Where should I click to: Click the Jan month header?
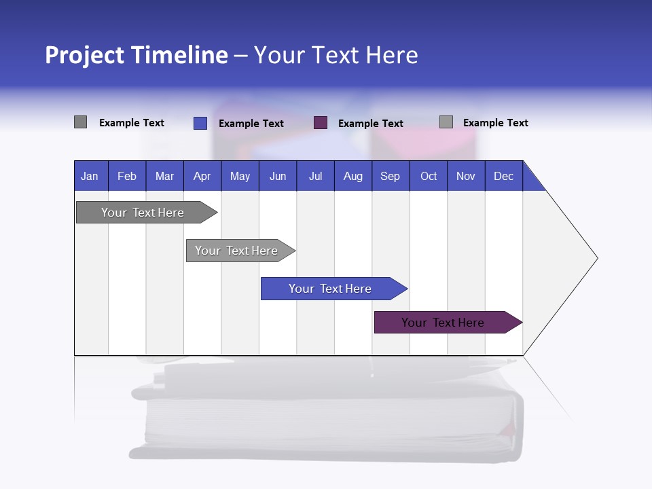click(90, 176)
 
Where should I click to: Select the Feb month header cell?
click(127, 176)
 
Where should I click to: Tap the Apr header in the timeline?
click(202, 176)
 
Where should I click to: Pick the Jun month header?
click(278, 176)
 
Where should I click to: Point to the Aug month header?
click(352, 176)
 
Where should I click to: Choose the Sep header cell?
click(390, 176)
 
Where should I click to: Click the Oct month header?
click(429, 176)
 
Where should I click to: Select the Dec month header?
click(503, 176)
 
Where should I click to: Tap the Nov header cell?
click(466, 176)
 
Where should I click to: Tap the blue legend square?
click(200, 123)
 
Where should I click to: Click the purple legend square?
click(321, 123)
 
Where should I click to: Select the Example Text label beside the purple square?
click(371, 124)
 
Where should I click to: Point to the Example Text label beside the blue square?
click(251, 124)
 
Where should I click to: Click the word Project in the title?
click(84, 55)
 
